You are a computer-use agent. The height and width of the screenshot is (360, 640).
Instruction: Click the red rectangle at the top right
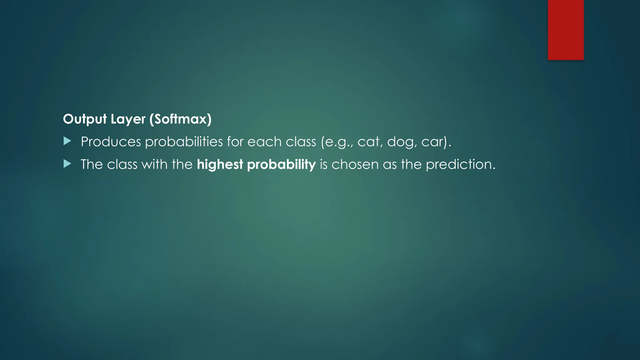[566, 30]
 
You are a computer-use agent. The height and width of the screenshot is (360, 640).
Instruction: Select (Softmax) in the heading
[180, 119]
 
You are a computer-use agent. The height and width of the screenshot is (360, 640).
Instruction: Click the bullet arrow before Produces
[67, 141]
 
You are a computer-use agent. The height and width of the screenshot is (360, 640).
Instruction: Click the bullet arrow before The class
[67, 164]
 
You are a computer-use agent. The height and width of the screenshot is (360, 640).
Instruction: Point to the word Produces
[111, 142]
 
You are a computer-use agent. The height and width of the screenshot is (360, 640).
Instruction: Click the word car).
[436, 142]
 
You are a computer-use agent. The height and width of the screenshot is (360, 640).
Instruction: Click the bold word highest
[220, 164]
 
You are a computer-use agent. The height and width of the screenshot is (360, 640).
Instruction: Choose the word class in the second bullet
[122, 164]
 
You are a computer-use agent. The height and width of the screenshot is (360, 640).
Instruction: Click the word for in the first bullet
[235, 142]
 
